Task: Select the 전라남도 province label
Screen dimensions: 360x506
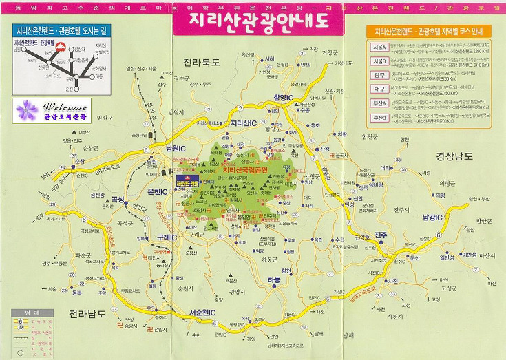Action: click(87, 315)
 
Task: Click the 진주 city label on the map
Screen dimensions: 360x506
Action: click(383, 235)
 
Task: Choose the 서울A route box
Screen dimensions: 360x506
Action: click(379, 48)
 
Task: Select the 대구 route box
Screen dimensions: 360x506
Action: click(378, 89)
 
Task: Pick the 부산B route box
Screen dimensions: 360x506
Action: click(378, 118)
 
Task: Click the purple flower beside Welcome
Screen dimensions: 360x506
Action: click(27, 109)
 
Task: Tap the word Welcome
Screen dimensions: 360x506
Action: click(65, 107)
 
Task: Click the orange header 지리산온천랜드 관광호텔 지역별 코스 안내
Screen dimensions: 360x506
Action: click(429, 32)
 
